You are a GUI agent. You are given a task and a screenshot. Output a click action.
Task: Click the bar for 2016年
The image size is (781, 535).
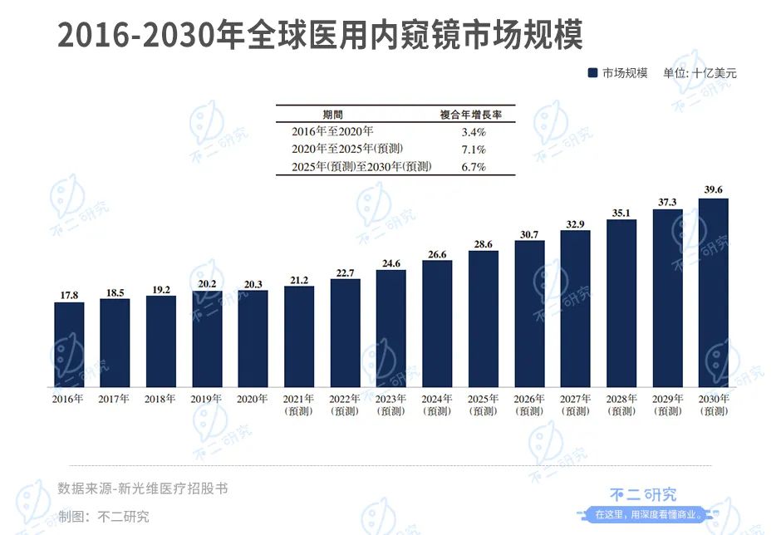point(69,345)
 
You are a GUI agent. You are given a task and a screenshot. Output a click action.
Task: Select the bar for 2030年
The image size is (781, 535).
point(713,292)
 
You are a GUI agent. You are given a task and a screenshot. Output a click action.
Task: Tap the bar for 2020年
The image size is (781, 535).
point(253,339)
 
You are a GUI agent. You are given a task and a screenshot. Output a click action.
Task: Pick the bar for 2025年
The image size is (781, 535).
point(483,319)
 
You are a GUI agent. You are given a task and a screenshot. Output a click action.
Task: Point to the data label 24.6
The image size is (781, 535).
point(390,263)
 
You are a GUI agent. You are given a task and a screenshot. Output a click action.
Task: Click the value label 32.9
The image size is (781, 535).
point(575,223)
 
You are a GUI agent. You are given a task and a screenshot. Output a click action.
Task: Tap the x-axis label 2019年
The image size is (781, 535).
point(207,399)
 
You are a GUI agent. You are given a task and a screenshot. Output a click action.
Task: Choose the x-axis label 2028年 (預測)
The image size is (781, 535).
point(621,405)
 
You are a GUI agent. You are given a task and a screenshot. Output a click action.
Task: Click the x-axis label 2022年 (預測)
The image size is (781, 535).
point(345,405)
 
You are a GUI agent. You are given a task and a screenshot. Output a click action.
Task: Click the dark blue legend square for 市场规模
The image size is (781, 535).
point(592,73)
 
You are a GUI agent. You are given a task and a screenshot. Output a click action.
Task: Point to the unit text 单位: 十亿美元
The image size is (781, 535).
point(700,73)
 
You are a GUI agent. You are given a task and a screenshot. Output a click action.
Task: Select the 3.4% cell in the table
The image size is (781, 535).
point(473,131)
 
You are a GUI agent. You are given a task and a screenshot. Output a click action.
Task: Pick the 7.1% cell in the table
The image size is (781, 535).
point(473,150)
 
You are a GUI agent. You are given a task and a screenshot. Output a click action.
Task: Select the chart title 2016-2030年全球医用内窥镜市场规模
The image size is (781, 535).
point(320,35)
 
